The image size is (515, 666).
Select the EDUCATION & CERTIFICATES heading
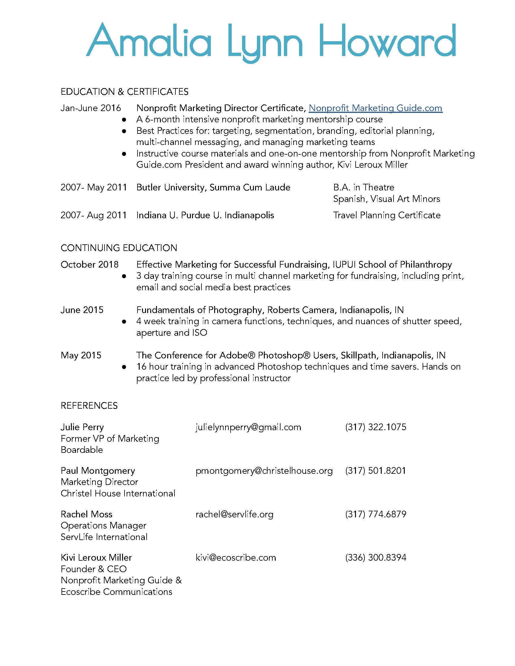coord(125,92)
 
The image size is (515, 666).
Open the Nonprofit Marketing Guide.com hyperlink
coord(375,108)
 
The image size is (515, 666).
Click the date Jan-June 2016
coord(91,108)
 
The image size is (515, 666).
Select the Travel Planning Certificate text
coord(387,215)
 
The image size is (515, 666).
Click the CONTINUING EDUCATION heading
coord(119,248)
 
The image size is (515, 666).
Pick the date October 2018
coord(89,264)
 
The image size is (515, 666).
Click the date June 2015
coord(82,310)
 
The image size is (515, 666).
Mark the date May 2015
coord(81,355)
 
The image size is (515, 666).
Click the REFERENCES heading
coord(89,406)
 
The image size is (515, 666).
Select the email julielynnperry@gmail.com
coord(248,427)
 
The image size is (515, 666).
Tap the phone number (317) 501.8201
coord(376,470)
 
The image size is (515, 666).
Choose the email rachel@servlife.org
coord(234,514)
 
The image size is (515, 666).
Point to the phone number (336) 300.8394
coord(376,557)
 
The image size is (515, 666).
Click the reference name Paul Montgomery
coord(98,470)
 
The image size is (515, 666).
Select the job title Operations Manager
coord(103,526)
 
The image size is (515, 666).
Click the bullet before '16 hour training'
coord(124,367)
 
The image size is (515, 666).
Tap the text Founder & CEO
coord(93,569)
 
